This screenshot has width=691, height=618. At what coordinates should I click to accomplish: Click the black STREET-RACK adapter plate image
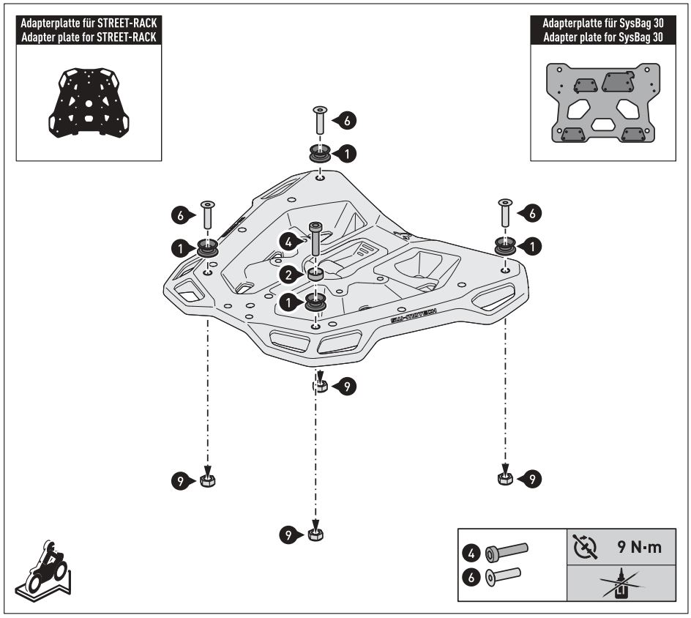tap(88, 103)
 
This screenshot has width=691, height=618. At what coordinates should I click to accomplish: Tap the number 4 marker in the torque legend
tap(472, 549)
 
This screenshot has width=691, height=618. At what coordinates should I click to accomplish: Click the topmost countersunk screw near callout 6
tap(320, 119)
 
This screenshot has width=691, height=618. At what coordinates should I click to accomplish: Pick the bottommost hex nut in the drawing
tap(315, 533)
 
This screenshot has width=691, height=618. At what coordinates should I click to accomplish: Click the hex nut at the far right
tap(504, 478)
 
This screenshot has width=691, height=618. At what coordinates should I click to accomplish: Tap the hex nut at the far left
tap(208, 480)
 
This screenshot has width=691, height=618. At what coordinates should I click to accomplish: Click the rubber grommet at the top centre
tap(319, 153)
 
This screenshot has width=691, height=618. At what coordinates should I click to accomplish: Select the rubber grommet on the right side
tap(504, 246)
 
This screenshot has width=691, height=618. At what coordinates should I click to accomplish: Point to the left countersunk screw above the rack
tap(207, 215)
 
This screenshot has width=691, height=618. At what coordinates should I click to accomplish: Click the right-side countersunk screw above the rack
tap(504, 212)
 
